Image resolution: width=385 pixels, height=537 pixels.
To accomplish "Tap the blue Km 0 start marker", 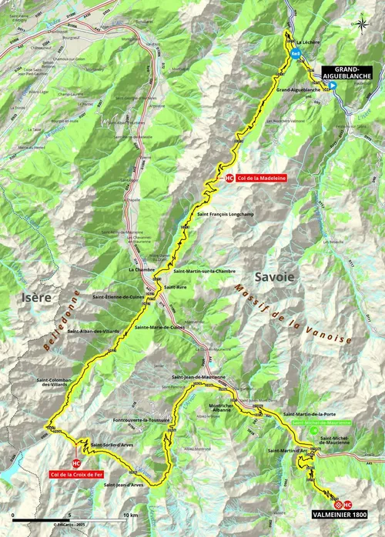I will (295, 53).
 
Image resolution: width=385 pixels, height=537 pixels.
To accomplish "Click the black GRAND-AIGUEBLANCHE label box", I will (342, 73).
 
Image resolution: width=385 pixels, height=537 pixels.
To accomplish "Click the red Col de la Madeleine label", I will (256, 178).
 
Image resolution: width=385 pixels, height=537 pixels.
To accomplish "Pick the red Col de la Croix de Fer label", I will (77, 475).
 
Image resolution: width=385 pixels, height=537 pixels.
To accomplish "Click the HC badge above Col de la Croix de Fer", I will (76, 463).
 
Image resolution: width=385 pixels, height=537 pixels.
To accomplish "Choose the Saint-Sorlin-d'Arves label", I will (110, 445).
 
